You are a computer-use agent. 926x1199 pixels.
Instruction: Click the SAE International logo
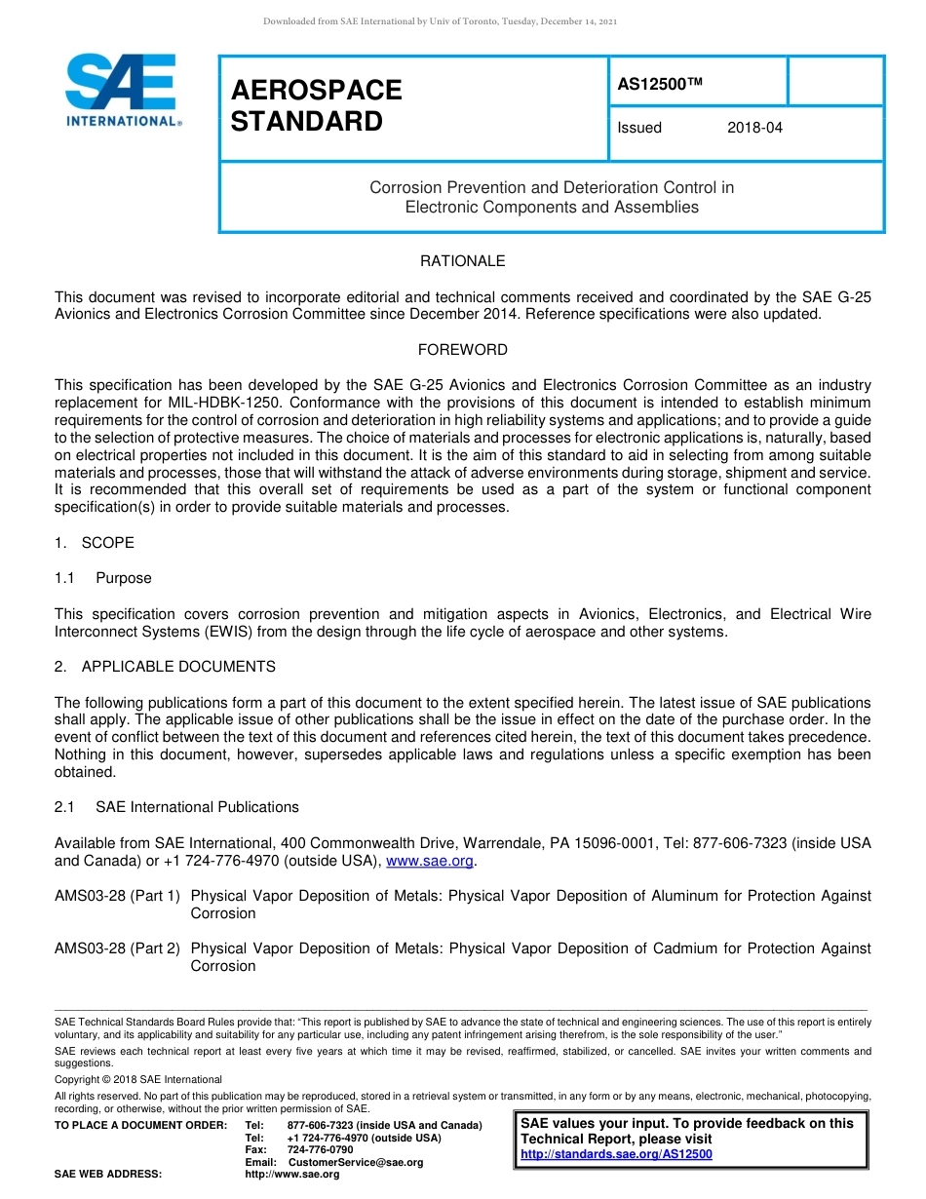123,90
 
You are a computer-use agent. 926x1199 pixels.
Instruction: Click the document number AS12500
660,85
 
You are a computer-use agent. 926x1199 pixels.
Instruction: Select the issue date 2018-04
754,128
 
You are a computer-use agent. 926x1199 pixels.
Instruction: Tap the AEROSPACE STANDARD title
316,105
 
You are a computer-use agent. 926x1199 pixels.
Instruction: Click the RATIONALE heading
462,261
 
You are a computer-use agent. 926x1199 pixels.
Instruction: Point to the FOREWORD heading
462,350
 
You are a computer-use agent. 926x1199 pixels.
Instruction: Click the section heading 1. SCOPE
95,543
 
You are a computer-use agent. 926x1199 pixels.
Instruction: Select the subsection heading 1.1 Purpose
103,578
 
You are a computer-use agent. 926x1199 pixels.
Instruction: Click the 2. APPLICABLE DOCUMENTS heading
165,667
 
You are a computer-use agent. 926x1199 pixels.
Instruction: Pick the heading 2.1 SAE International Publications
176,807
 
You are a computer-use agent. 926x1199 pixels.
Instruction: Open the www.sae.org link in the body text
430,861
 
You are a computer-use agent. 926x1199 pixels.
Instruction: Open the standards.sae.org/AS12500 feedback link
616,1154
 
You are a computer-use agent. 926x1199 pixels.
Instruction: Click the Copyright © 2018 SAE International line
138,1079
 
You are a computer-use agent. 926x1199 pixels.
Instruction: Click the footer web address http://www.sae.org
292,1174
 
